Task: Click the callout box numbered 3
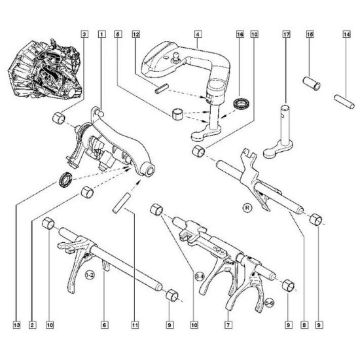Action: (x=84, y=34)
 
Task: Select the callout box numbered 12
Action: (x=136, y=34)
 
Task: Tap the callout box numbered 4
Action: (x=198, y=34)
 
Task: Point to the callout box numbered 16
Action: (x=240, y=34)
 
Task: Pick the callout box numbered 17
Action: (x=286, y=34)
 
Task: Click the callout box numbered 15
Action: (x=310, y=34)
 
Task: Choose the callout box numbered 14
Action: (x=347, y=34)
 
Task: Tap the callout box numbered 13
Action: (x=17, y=325)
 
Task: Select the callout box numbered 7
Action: (x=228, y=325)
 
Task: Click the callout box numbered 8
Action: (x=304, y=325)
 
